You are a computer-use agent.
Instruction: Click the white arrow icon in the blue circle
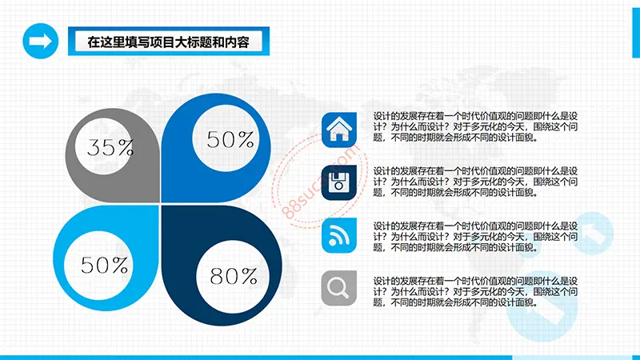tap(41, 42)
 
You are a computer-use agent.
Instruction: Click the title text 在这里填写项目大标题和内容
tap(168, 42)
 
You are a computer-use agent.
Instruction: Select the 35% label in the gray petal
tap(110, 147)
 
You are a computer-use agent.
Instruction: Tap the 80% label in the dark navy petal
tap(234, 276)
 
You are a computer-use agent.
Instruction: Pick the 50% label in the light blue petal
tap(105, 265)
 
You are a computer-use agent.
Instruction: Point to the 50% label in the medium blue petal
tap(230, 139)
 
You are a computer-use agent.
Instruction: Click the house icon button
tap(338, 130)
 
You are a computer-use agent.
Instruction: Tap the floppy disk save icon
tap(338, 182)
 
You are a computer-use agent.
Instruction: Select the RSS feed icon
tap(338, 235)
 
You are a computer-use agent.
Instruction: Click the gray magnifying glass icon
tap(338, 288)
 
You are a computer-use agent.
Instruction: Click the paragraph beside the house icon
tap(475, 127)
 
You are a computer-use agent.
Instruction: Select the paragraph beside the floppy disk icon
tap(475, 182)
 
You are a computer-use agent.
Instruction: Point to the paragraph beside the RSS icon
tap(475, 237)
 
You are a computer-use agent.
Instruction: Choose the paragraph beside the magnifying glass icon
tap(475, 292)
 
